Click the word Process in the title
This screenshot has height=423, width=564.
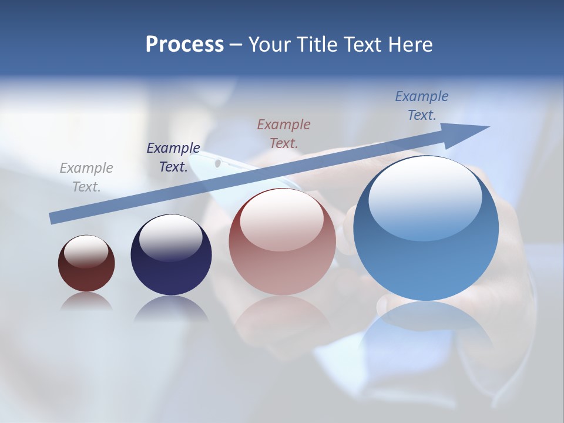(x=184, y=45)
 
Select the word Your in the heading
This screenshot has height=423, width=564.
(x=270, y=45)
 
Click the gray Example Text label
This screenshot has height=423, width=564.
(x=86, y=177)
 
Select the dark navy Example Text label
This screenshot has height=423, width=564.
(x=173, y=157)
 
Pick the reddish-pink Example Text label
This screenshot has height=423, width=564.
(x=284, y=133)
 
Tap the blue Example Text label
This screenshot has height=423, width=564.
(x=422, y=106)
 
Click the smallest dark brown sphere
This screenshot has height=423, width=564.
(x=86, y=271)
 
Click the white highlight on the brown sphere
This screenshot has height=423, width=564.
(x=86, y=251)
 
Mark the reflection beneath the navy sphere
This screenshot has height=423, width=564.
(x=171, y=308)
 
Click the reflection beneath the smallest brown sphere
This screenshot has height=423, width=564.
(x=86, y=301)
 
